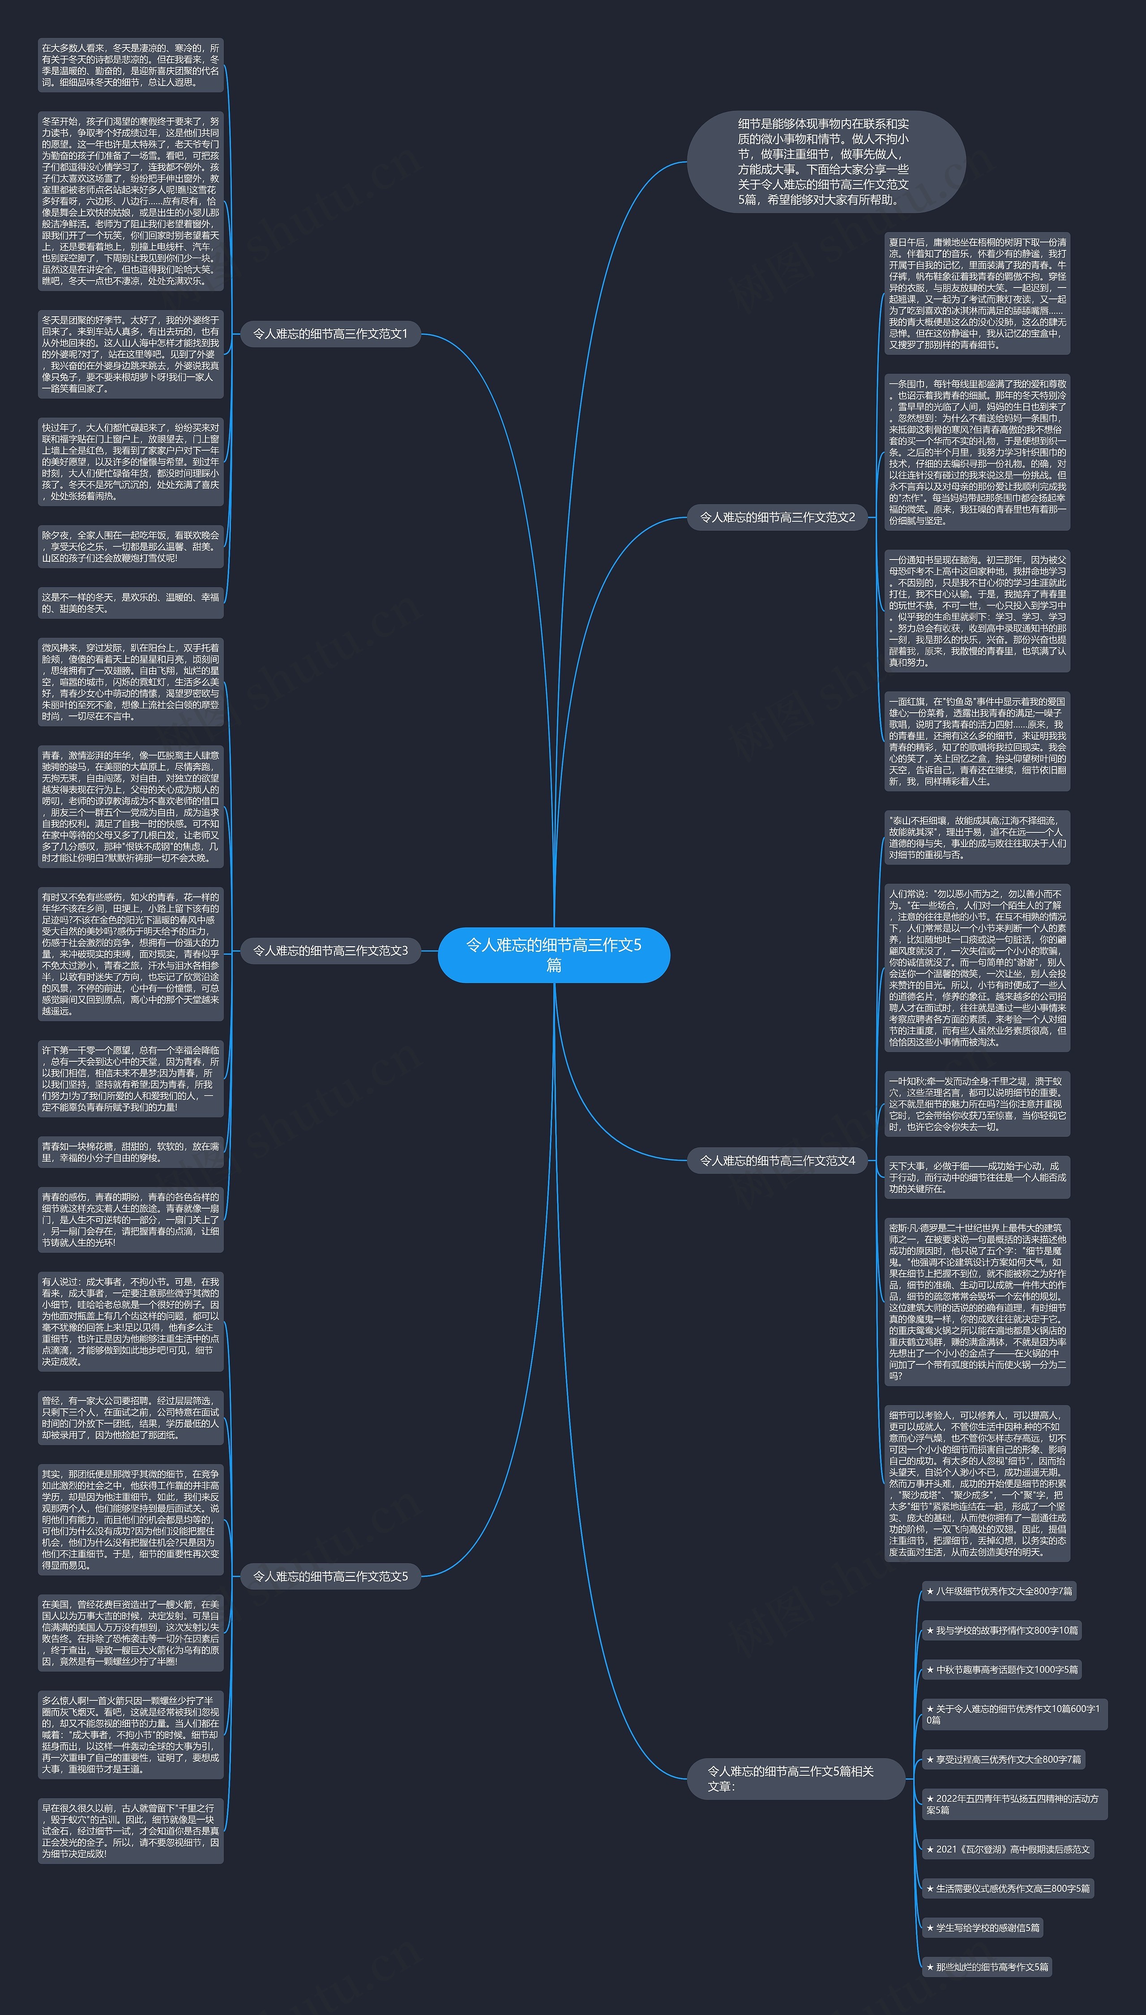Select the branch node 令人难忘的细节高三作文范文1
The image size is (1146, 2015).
pos(330,334)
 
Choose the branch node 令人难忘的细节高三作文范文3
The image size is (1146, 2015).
pos(330,951)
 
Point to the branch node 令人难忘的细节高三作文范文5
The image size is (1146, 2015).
pos(330,1576)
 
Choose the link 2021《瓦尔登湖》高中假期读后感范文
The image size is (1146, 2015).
pos(1008,1849)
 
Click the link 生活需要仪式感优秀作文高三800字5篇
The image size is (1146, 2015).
pos(1008,1888)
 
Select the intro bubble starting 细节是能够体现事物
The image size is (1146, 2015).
pos(825,161)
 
